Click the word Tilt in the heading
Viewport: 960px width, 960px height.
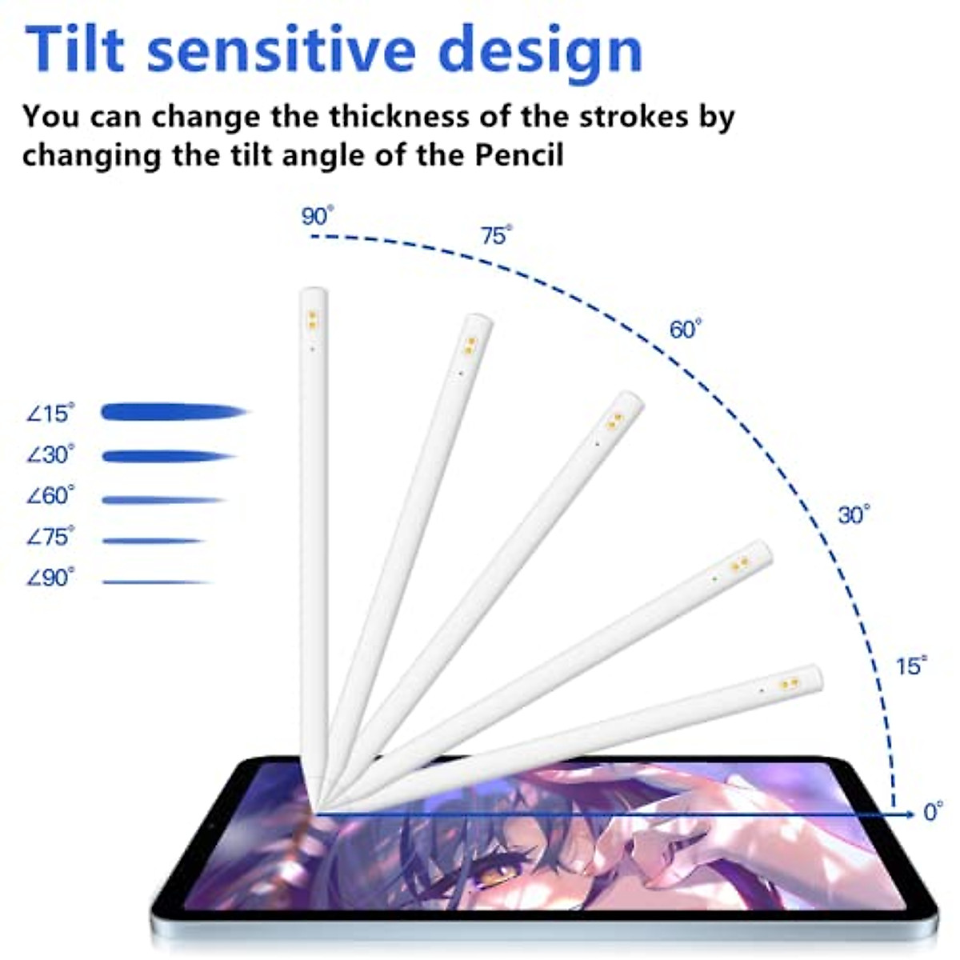point(76,50)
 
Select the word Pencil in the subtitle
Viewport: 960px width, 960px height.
point(520,154)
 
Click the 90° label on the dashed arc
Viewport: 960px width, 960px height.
point(317,216)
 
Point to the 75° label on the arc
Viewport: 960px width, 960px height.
point(496,235)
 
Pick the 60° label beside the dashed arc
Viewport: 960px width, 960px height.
point(685,329)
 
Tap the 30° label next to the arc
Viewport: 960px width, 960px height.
point(854,514)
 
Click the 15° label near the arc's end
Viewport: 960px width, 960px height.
point(910,666)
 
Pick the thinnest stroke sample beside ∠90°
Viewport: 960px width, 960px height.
point(156,582)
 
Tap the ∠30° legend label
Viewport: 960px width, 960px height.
point(50,454)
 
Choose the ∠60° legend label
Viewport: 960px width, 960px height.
point(50,496)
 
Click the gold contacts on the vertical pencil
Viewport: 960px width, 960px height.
point(313,320)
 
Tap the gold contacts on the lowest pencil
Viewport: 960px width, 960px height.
point(790,683)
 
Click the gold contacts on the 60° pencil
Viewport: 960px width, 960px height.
point(614,421)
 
